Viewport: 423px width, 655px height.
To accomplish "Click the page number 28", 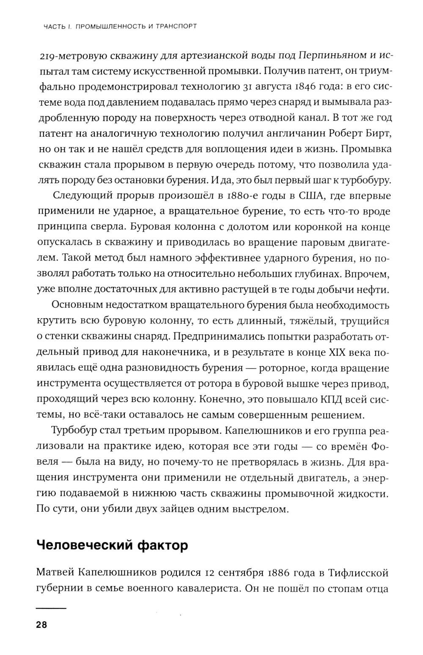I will [x=41, y=625].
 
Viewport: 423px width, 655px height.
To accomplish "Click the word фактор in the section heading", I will [x=163, y=546].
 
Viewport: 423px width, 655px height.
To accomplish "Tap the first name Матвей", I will [x=55, y=573].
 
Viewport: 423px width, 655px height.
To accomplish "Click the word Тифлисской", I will [x=358, y=573].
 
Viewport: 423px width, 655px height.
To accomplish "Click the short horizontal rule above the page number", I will [x=51, y=608].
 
